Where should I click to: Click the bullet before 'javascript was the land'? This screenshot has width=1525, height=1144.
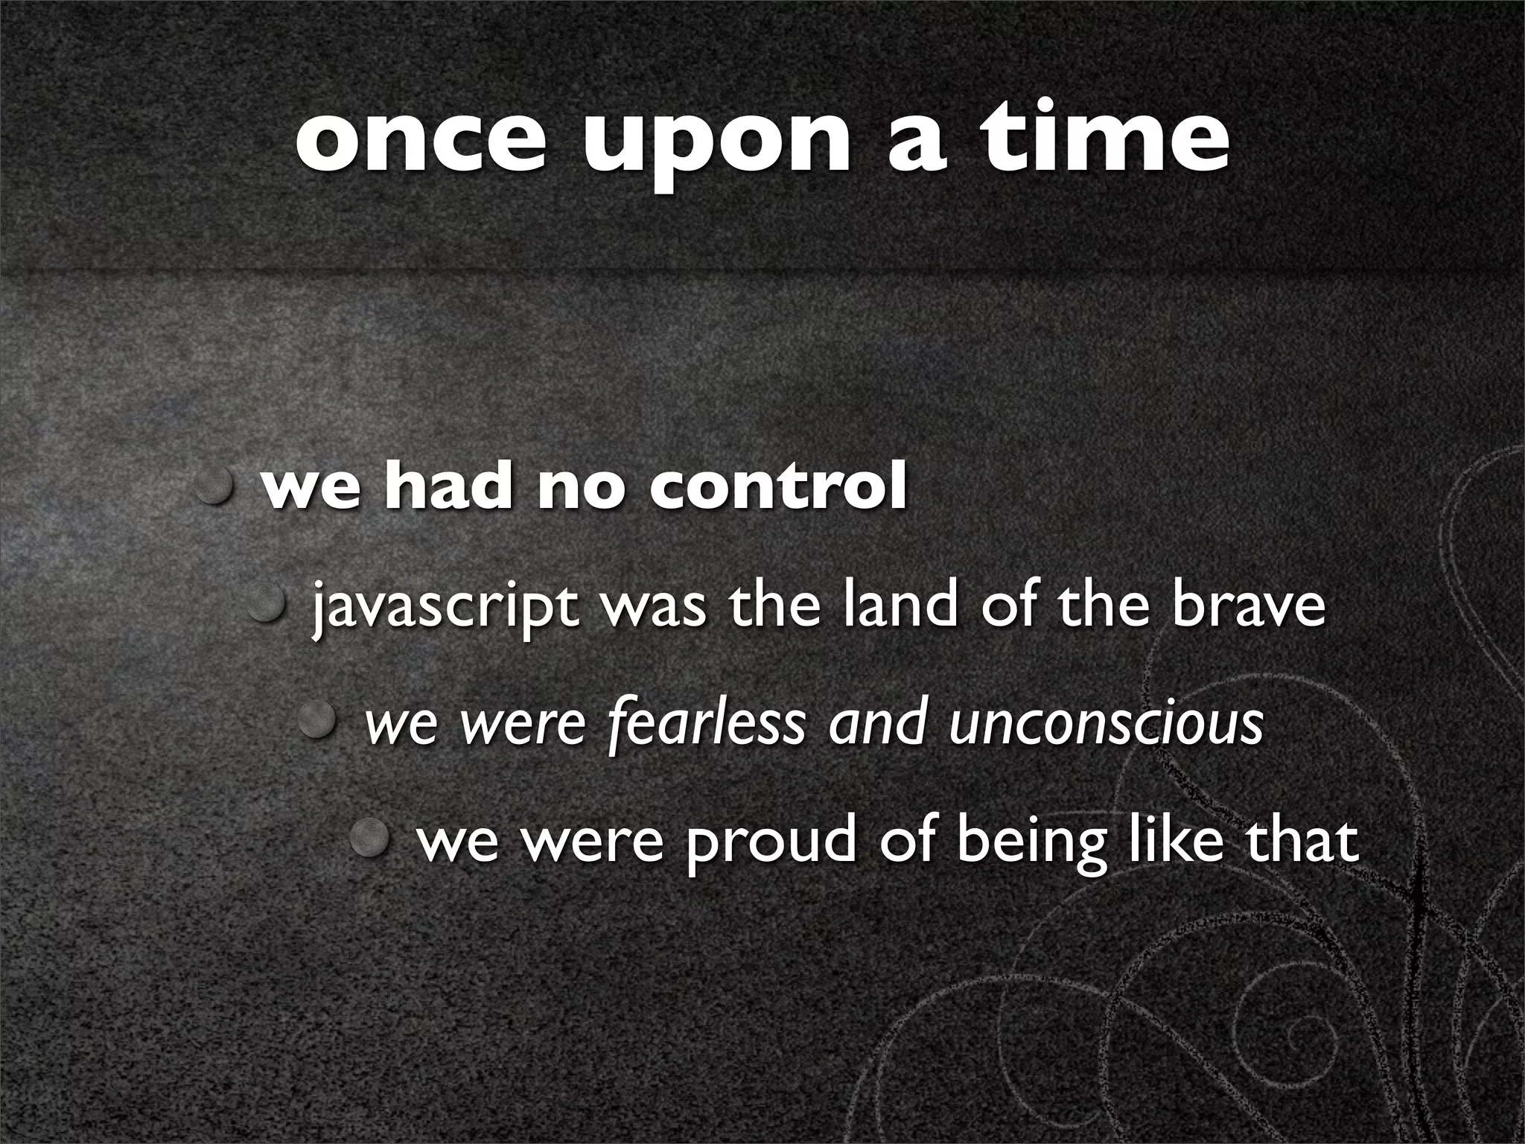[x=270, y=603]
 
